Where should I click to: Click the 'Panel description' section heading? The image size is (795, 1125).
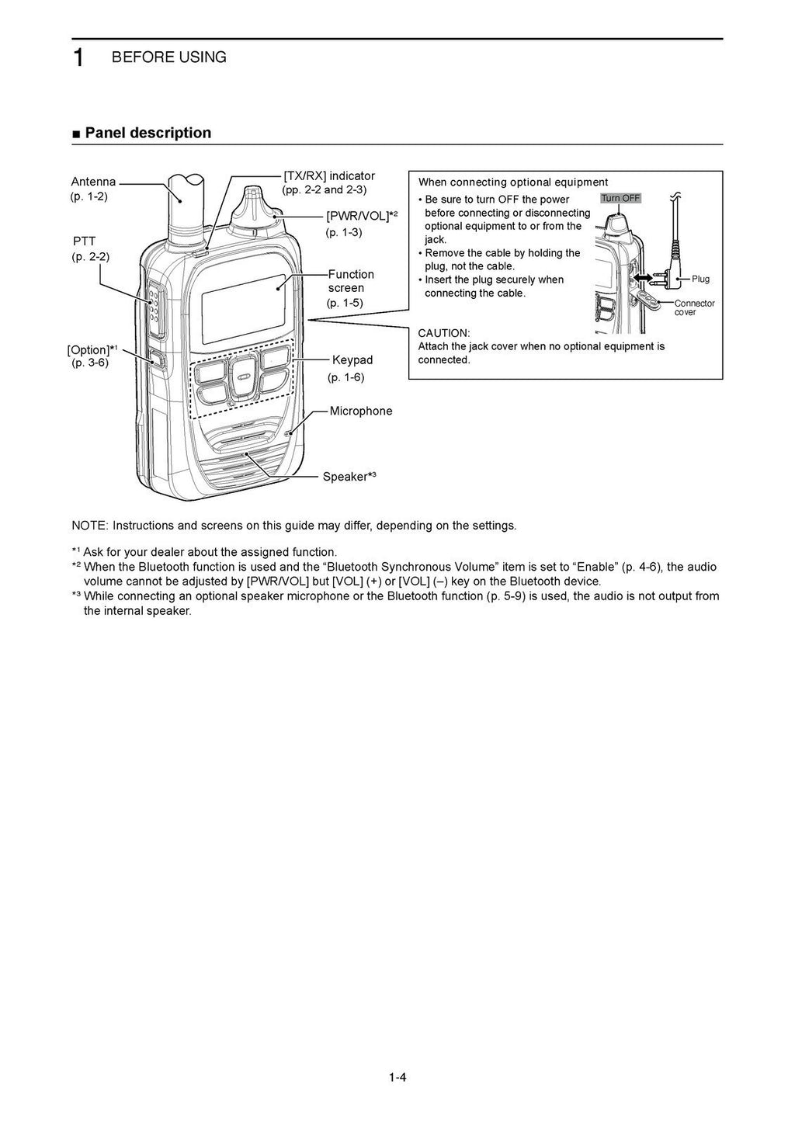click(148, 133)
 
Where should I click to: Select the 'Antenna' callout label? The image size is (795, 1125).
click(93, 182)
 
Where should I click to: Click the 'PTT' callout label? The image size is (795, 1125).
click(84, 241)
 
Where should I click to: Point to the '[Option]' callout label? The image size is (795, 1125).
click(89, 349)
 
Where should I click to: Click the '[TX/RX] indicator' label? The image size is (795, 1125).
click(329, 176)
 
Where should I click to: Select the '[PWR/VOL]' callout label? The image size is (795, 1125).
click(358, 216)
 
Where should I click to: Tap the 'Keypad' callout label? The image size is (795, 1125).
click(352, 360)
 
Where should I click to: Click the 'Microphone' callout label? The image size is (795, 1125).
click(361, 411)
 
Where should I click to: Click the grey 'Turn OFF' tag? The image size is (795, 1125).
click(620, 198)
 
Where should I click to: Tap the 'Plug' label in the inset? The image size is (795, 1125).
click(700, 279)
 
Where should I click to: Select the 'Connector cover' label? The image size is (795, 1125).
click(694, 307)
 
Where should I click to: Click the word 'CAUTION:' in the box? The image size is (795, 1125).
click(444, 333)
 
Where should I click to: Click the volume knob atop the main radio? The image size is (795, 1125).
click(256, 205)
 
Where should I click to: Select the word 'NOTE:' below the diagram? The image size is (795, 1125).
click(90, 526)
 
